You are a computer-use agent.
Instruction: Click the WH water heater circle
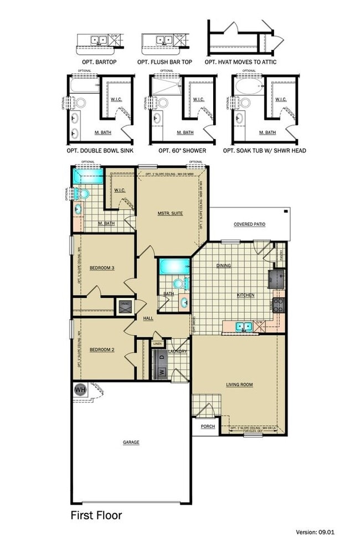point(80,389)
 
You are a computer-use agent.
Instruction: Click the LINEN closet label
point(158,344)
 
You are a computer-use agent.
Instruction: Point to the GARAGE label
point(131,442)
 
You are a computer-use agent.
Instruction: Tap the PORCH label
point(208,426)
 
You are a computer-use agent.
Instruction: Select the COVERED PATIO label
point(250,224)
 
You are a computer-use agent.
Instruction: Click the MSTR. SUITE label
point(169,213)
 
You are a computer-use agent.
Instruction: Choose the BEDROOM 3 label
point(101,268)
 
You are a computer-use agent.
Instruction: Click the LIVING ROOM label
point(239,384)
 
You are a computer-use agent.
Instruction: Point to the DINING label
point(224,266)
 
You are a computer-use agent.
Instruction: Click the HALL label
point(148,318)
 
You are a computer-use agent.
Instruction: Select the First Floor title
point(96,515)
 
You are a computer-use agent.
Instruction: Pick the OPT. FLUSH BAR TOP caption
point(164,62)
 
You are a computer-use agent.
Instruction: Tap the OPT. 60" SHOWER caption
point(182,150)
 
